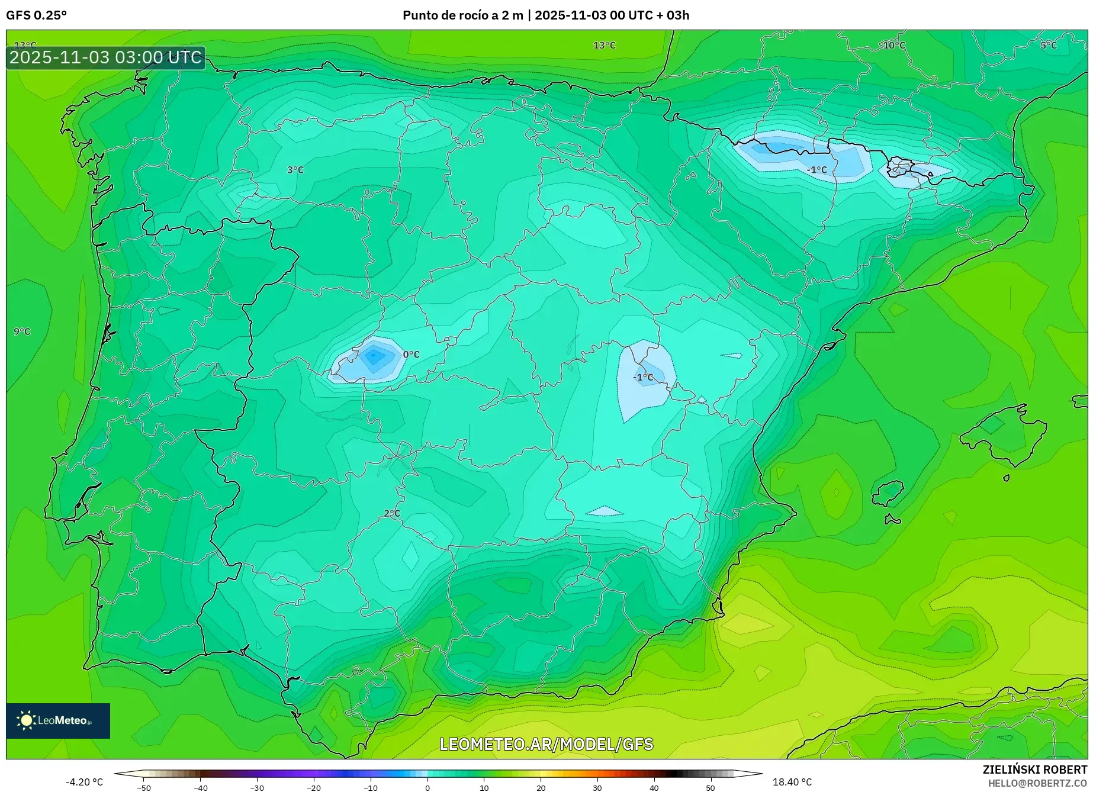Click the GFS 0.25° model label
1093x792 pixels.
coord(36,15)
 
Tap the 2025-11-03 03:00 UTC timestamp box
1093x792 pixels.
coord(106,57)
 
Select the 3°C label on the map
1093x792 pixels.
coord(295,170)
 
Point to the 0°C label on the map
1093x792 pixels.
coord(411,355)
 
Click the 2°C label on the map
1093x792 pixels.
coord(392,513)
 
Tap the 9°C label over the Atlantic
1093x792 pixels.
coord(22,331)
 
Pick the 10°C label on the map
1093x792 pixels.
coord(894,46)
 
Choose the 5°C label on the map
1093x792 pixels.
coord(1049,46)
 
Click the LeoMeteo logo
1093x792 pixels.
coord(58,720)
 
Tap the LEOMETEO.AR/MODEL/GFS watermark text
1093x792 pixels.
coord(546,744)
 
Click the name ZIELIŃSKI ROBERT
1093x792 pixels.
coord(1035,770)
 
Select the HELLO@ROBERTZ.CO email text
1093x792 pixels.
coord(1037,783)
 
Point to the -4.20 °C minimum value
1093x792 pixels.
coord(84,782)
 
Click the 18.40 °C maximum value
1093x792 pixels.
coord(792,782)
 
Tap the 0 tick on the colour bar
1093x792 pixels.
coord(427,788)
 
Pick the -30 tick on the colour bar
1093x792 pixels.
coord(257,788)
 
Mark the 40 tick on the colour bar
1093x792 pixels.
coord(654,788)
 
